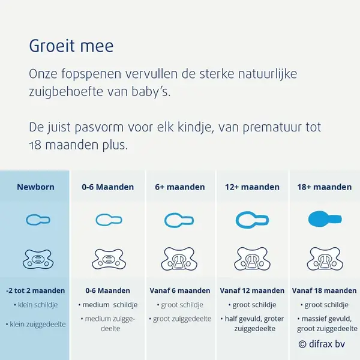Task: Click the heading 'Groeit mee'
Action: [x=71, y=46]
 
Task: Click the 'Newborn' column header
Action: [x=36, y=187]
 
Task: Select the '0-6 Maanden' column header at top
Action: [x=107, y=187]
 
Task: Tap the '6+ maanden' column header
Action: [x=180, y=187]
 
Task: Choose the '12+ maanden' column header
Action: [x=252, y=187]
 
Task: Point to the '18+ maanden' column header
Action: [x=325, y=187]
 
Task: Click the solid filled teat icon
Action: [x=325, y=219]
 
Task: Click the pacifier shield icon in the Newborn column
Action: [x=38, y=259]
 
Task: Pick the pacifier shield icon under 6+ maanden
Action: [x=179, y=259]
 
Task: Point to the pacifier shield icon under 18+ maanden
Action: [x=325, y=259]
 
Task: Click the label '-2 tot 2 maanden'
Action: [x=35, y=290]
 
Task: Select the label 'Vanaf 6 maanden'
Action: [x=180, y=290]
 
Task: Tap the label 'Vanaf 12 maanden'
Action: [x=252, y=290]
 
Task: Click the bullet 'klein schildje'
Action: [x=36, y=305]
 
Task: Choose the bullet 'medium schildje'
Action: [x=108, y=305]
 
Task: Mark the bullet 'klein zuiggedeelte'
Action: [x=36, y=324]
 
